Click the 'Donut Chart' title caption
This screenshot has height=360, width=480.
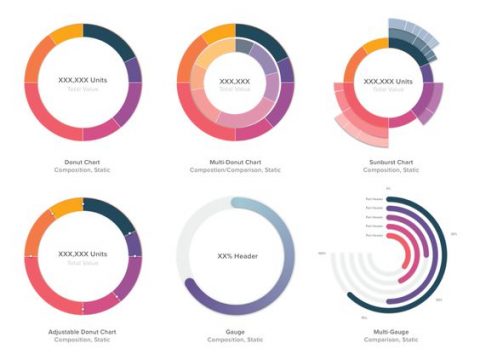click(82, 160)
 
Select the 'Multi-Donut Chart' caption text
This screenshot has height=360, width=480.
click(235, 160)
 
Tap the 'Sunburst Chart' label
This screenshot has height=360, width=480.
click(390, 160)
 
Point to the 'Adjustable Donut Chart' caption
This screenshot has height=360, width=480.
click(82, 331)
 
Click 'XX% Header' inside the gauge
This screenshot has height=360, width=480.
click(237, 256)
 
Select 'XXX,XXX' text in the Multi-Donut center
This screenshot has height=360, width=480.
click(235, 81)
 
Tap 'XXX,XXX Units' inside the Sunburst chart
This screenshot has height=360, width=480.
click(391, 81)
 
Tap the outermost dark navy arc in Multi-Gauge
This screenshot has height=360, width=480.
click(440, 240)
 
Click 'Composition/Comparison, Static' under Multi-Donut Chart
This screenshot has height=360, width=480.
click(235, 170)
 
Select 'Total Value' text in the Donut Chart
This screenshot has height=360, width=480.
click(82, 90)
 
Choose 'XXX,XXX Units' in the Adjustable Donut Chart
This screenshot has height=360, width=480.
click(82, 255)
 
